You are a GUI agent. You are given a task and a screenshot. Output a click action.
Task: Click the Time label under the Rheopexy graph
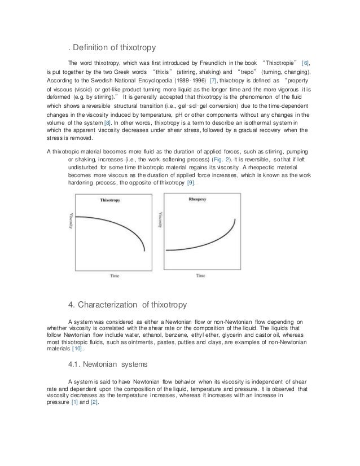pos(200,276)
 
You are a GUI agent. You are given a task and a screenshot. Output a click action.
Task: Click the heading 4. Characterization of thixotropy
pos(127,305)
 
